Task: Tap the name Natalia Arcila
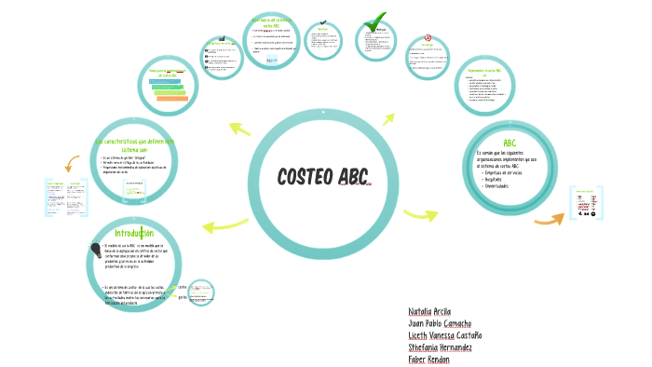point(429,310)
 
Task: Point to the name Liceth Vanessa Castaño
point(445,334)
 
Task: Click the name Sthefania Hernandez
point(441,347)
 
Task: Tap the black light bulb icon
point(95,249)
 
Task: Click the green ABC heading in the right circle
point(509,143)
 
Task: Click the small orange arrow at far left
point(71,164)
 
